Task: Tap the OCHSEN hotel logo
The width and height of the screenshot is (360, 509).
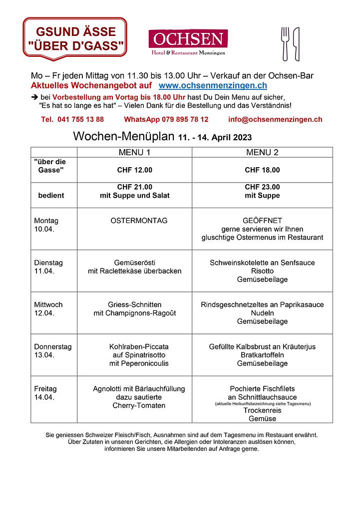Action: [x=188, y=41]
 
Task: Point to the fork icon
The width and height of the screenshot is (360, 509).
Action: [x=285, y=44]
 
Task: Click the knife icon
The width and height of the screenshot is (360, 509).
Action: [x=296, y=44]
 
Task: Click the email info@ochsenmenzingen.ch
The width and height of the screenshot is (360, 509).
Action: [x=275, y=120]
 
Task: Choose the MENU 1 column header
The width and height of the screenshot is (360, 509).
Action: [x=134, y=152]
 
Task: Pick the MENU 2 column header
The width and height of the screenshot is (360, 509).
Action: [x=262, y=152]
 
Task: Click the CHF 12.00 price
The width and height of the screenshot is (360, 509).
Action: [x=134, y=170]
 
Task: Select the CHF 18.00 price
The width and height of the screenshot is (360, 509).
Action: [x=262, y=170]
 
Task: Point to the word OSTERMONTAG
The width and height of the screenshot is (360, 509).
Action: [x=139, y=221]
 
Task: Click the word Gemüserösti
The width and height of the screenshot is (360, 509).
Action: [x=134, y=262]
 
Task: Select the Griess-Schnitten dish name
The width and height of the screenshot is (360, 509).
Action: [x=134, y=304]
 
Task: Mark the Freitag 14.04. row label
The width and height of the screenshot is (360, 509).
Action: [x=45, y=393]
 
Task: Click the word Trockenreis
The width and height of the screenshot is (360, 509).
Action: [x=262, y=410]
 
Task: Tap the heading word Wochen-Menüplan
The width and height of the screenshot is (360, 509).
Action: [x=123, y=136]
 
